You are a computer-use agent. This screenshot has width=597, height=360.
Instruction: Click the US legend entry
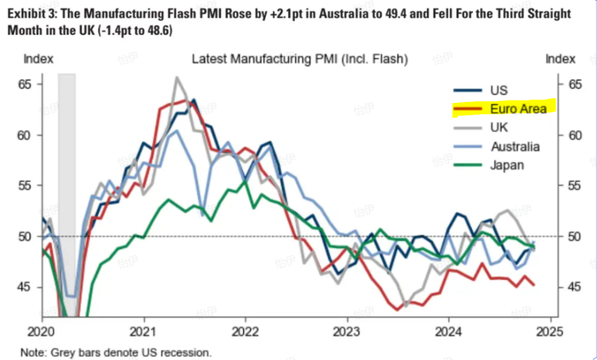pyautogui.click(x=499, y=91)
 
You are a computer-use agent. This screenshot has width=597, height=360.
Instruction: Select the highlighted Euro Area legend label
pyautogui.click(x=519, y=108)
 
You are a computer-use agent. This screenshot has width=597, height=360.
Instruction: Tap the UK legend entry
pyautogui.click(x=499, y=128)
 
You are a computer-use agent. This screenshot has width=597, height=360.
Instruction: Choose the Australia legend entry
pyautogui.click(x=515, y=147)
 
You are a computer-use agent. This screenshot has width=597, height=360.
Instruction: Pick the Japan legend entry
pyautogui.click(x=506, y=165)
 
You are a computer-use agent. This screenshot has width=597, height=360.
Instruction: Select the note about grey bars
pyautogui.click(x=116, y=352)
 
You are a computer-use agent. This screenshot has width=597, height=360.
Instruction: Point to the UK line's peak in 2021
pyautogui.click(x=177, y=77)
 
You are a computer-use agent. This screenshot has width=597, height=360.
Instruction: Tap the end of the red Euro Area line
pyautogui.click(x=533, y=285)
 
